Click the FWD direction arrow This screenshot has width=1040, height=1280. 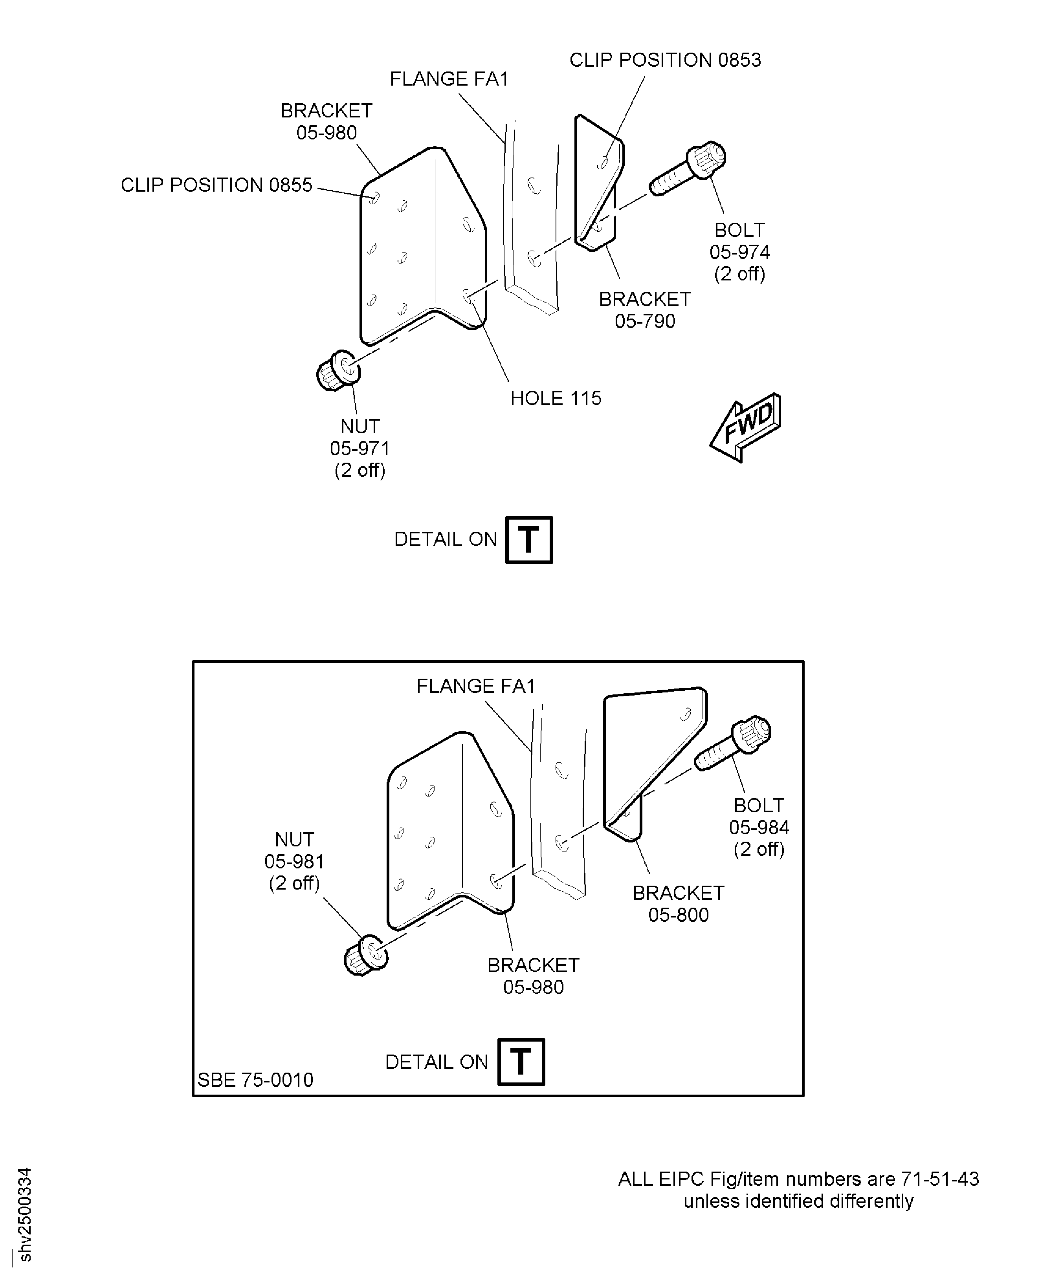(746, 427)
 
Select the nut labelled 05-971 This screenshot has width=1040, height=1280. (338, 371)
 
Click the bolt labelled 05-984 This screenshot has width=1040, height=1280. (733, 743)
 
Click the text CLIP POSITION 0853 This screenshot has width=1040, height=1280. (664, 60)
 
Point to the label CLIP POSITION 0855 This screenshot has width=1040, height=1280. (216, 185)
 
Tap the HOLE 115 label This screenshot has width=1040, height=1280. (555, 398)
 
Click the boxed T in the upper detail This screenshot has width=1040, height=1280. (528, 540)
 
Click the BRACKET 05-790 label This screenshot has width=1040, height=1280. (645, 309)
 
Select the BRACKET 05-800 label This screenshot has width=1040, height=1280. (678, 903)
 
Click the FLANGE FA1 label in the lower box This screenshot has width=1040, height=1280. (476, 686)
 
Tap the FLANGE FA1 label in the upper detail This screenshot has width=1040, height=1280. (449, 79)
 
